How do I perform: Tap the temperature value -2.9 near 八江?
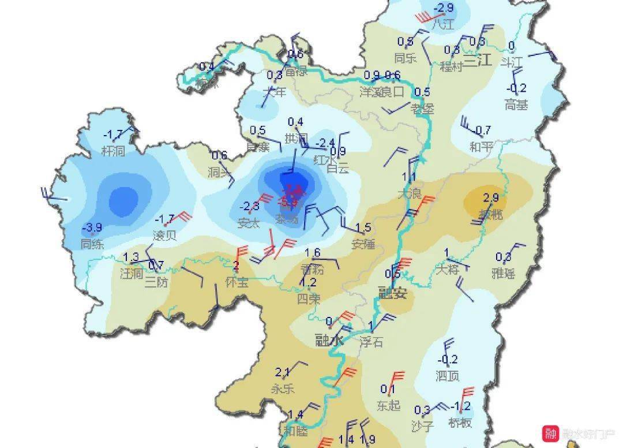click(443, 8)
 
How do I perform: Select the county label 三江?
click(478, 60)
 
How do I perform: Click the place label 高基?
click(516, 105)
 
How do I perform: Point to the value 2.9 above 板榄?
click(490, 198)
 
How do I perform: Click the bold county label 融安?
click(392, 293)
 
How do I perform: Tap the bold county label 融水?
click(329, 341)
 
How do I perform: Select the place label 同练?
click(92, 244)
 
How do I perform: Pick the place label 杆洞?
click(113, 151)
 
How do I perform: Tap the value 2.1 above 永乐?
click(283, 372)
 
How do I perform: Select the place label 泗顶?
click(448, 376)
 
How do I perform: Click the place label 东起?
click(388, 405)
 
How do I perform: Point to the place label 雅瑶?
click(503, 274)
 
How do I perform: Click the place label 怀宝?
click(237, 283)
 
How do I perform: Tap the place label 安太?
click(249, 222)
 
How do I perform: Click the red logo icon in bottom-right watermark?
click(551, 434)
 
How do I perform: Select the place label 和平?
click(480, 147)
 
